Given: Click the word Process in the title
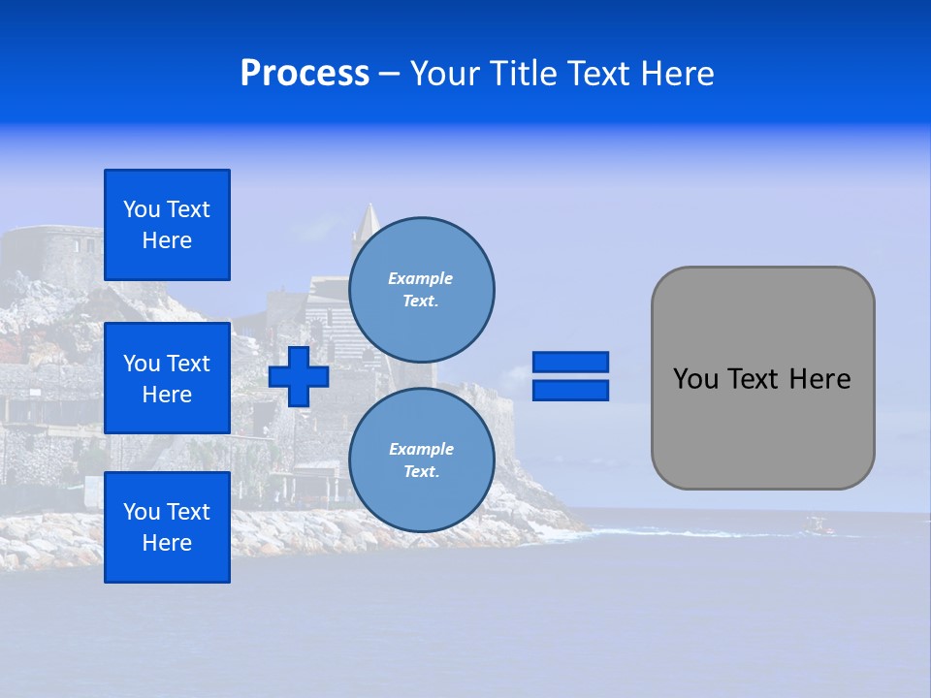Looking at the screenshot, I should (x=305, y=74).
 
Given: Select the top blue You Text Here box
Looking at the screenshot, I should (x=167, y=225).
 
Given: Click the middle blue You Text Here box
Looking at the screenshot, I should (x=167, y=378).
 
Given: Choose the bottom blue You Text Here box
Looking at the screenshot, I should (x=167, y=527).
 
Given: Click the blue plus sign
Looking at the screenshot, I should (x=299, y=376).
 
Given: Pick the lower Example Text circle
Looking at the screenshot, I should (x=421, y=460).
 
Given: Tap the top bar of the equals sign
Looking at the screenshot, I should (x=570, y=362).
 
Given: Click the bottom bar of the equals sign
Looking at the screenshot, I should (x=570, y=390).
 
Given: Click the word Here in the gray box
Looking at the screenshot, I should (x=819, y=379).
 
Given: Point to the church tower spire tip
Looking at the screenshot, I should (x=369, y=206).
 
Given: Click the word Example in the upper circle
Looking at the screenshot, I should (x=420, y=278).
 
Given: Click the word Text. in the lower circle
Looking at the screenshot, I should (x=420, y=472).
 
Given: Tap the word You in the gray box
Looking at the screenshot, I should (x=695, y=379).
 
